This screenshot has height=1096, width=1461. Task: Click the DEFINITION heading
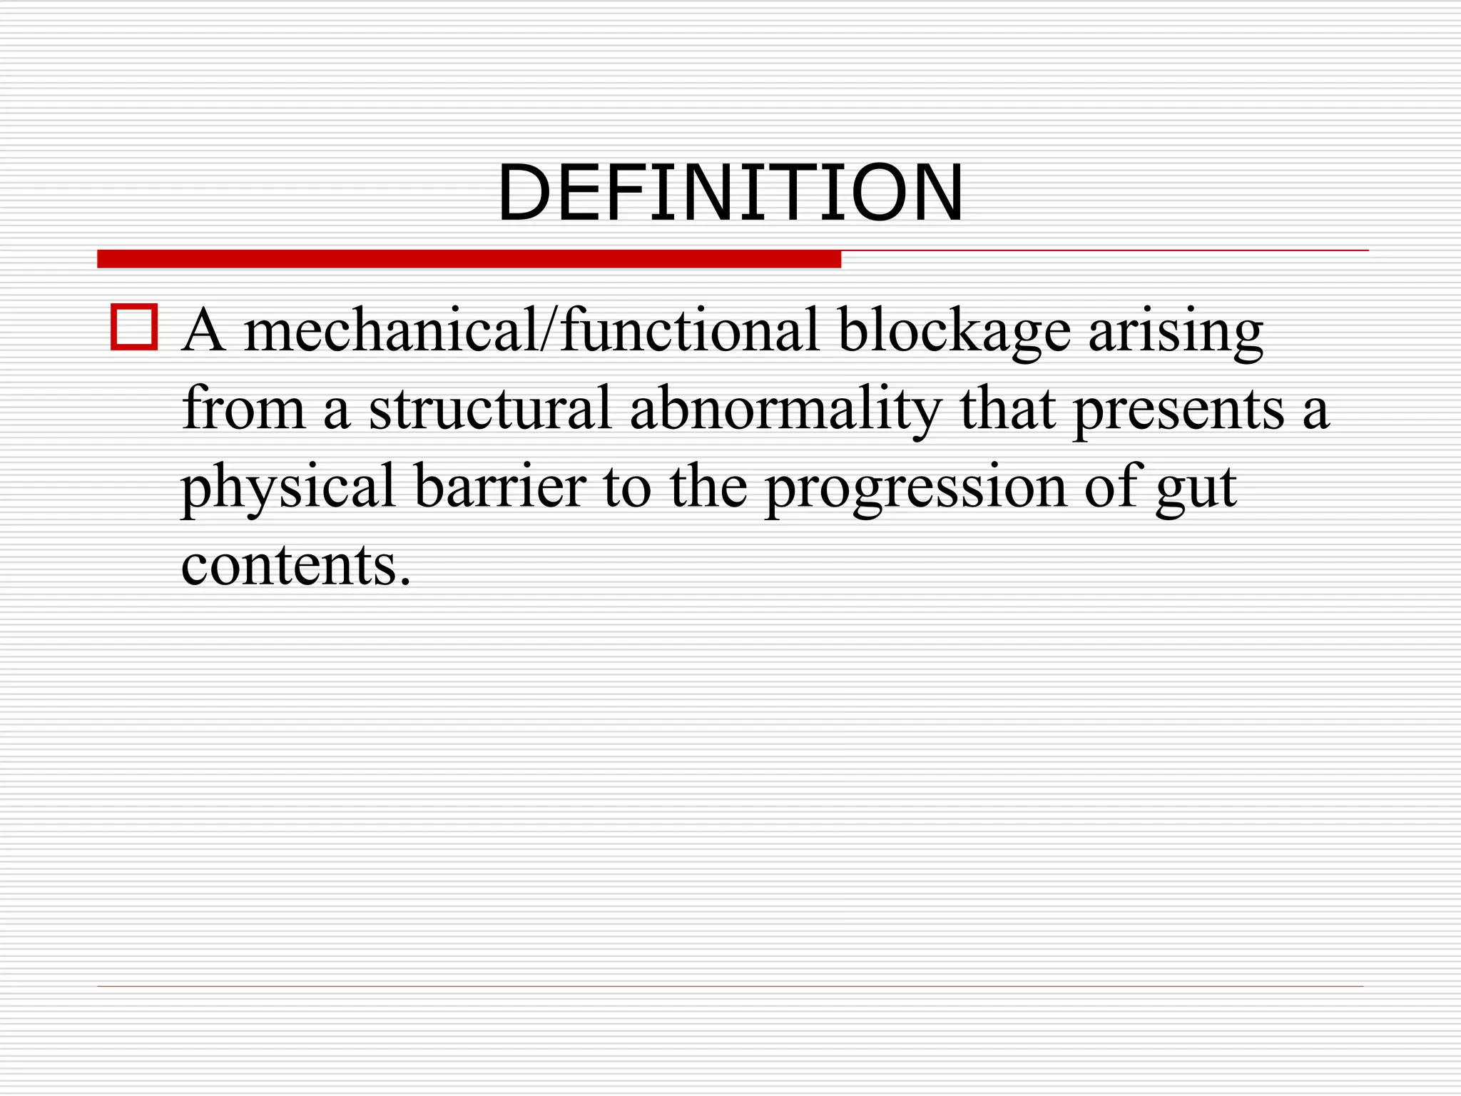pyautogui.click(x=730, y=193)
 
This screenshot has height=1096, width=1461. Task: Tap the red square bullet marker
pyautogui.click(x=134, y=328)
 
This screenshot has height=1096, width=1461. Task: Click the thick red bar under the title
pyautogui.click(x=469, y=259)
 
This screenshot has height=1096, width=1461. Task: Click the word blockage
pyautogui.click(x=954, y=331)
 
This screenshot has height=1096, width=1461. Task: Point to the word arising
pyautogui.click(x=1175, y=331)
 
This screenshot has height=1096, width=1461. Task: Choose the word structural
pyautogui.click(x=490, y=409)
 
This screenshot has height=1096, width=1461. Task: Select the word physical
pyautogui.click(x=288, y=488)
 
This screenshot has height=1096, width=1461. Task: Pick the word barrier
pyautogui.click(x=499, y=487)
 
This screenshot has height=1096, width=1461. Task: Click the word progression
pyautogui.click(x=915, y=488)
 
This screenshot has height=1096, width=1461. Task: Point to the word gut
pyautogui.click(x=1196, y=488)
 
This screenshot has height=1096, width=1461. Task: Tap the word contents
pyautogui.click(x=288, y=565)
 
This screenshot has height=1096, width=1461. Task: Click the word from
pyautogui.click(x=243, y=409)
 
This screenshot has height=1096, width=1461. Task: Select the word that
pyautogui.click(x=1007, y=409)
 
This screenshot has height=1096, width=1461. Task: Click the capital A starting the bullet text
pyautogui.click(x=204, y=331)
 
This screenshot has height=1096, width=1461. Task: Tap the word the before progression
pyautogui.click(x=708, y=487)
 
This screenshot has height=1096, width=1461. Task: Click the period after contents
pyautogui.click(x=405, y=581)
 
